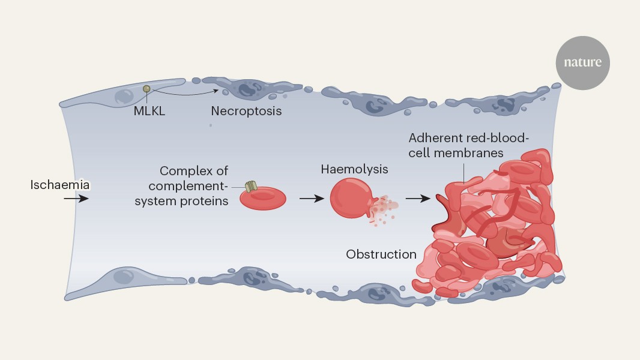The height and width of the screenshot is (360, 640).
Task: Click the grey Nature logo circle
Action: (x=582, y=63)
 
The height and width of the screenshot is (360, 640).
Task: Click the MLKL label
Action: (x=149, y=110)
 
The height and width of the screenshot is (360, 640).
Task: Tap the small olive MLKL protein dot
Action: (x=146, y=89)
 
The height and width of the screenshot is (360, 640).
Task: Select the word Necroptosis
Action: (x=246, y=111)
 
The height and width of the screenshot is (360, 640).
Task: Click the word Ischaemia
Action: (x=60, y=185)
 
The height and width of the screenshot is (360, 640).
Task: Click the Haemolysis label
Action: (x=354, y=170)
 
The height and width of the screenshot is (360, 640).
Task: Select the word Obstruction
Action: (x=381, y=254)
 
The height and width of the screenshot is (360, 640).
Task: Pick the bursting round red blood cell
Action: (x=351, y=198)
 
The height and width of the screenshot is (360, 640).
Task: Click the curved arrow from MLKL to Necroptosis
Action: (x=183, y=93)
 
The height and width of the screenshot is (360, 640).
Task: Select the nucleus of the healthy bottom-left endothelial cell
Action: (x=123, y=277)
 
